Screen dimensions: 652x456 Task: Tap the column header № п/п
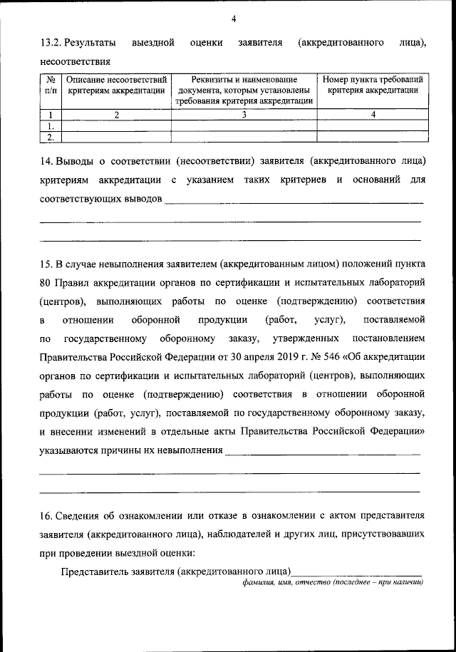pyautogui.click(x=51, y=86)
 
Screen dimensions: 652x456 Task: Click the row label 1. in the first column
pyautogui.click(x=51, y=125)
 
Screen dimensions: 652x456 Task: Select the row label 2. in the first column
pyautogui.click(x=51, y=137)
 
